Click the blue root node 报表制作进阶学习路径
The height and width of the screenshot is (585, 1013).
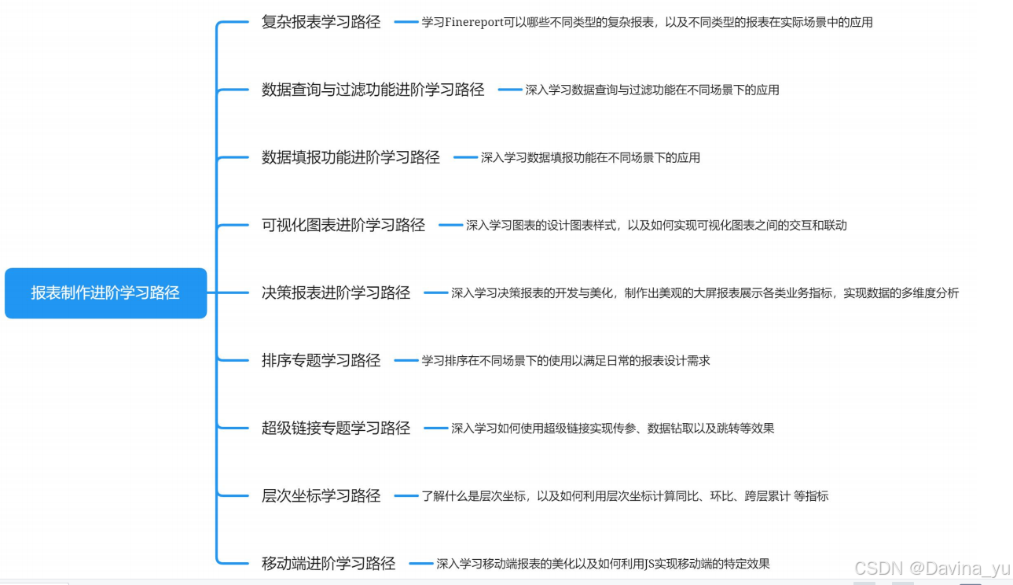coord(105,292)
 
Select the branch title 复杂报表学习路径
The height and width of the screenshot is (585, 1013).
coord(321,22)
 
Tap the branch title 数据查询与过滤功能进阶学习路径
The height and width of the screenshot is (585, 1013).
coord(373,90)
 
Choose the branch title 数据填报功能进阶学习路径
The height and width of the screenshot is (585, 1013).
coord(351,157)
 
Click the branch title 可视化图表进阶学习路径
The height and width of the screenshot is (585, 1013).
coord(343,225)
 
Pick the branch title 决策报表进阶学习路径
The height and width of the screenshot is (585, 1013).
coord(336,292)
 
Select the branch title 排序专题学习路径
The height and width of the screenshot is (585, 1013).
coord(321,360)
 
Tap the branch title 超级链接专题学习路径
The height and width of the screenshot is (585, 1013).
coord(336,428)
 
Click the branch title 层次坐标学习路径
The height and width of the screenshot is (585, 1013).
coord(321,495)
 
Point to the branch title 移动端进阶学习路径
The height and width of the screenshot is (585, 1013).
coord(328,563)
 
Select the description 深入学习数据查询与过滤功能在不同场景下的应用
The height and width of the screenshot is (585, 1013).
coord(652,90)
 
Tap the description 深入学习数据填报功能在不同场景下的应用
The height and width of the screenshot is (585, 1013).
coord(590,157)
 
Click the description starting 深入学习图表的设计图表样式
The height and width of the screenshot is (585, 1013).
coord(656,225)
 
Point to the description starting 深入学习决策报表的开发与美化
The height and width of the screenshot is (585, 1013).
coord(705,292)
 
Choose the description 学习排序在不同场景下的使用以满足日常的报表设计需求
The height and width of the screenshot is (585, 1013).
coord(566,360)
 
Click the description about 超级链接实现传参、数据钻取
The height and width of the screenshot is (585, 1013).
coord(613,428)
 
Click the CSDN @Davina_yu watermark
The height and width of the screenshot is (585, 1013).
coord(932,568)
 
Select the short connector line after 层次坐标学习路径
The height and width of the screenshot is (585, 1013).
coord(406,495)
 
